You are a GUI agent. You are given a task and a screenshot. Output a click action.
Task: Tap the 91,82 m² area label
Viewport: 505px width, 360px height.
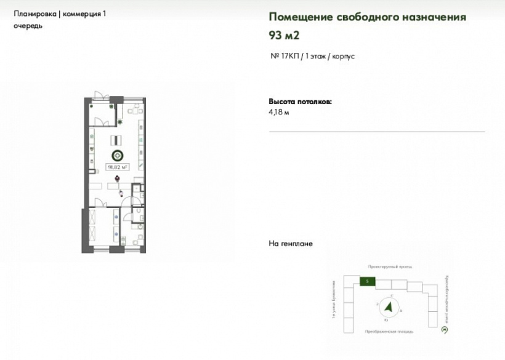(117, 166)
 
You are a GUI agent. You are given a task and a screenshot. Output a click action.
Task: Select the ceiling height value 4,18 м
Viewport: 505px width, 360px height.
(279, 113)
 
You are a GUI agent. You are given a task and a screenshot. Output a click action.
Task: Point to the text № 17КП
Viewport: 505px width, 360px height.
(285, 56)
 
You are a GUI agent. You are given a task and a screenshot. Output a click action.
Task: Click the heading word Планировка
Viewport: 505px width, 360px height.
(34, 14)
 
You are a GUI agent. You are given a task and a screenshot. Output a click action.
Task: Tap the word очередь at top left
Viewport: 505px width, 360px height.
(28, 26)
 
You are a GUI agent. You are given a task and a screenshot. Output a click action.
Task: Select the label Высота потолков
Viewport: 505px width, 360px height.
(299, 101)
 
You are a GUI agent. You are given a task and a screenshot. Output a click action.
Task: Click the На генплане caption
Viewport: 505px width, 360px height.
(291, 244)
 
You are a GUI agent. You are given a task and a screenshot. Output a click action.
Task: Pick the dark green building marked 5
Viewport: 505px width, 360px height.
(366, 281)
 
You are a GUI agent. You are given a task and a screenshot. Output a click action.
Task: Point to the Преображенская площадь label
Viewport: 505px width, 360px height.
(389, 331)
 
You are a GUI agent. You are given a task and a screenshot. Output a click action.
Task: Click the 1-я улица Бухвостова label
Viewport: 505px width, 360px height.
(333, 302)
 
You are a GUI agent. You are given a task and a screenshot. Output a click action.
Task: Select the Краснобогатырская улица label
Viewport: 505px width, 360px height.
(445, 300)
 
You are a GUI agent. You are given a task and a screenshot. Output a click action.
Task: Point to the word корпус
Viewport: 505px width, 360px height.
(343, 56)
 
